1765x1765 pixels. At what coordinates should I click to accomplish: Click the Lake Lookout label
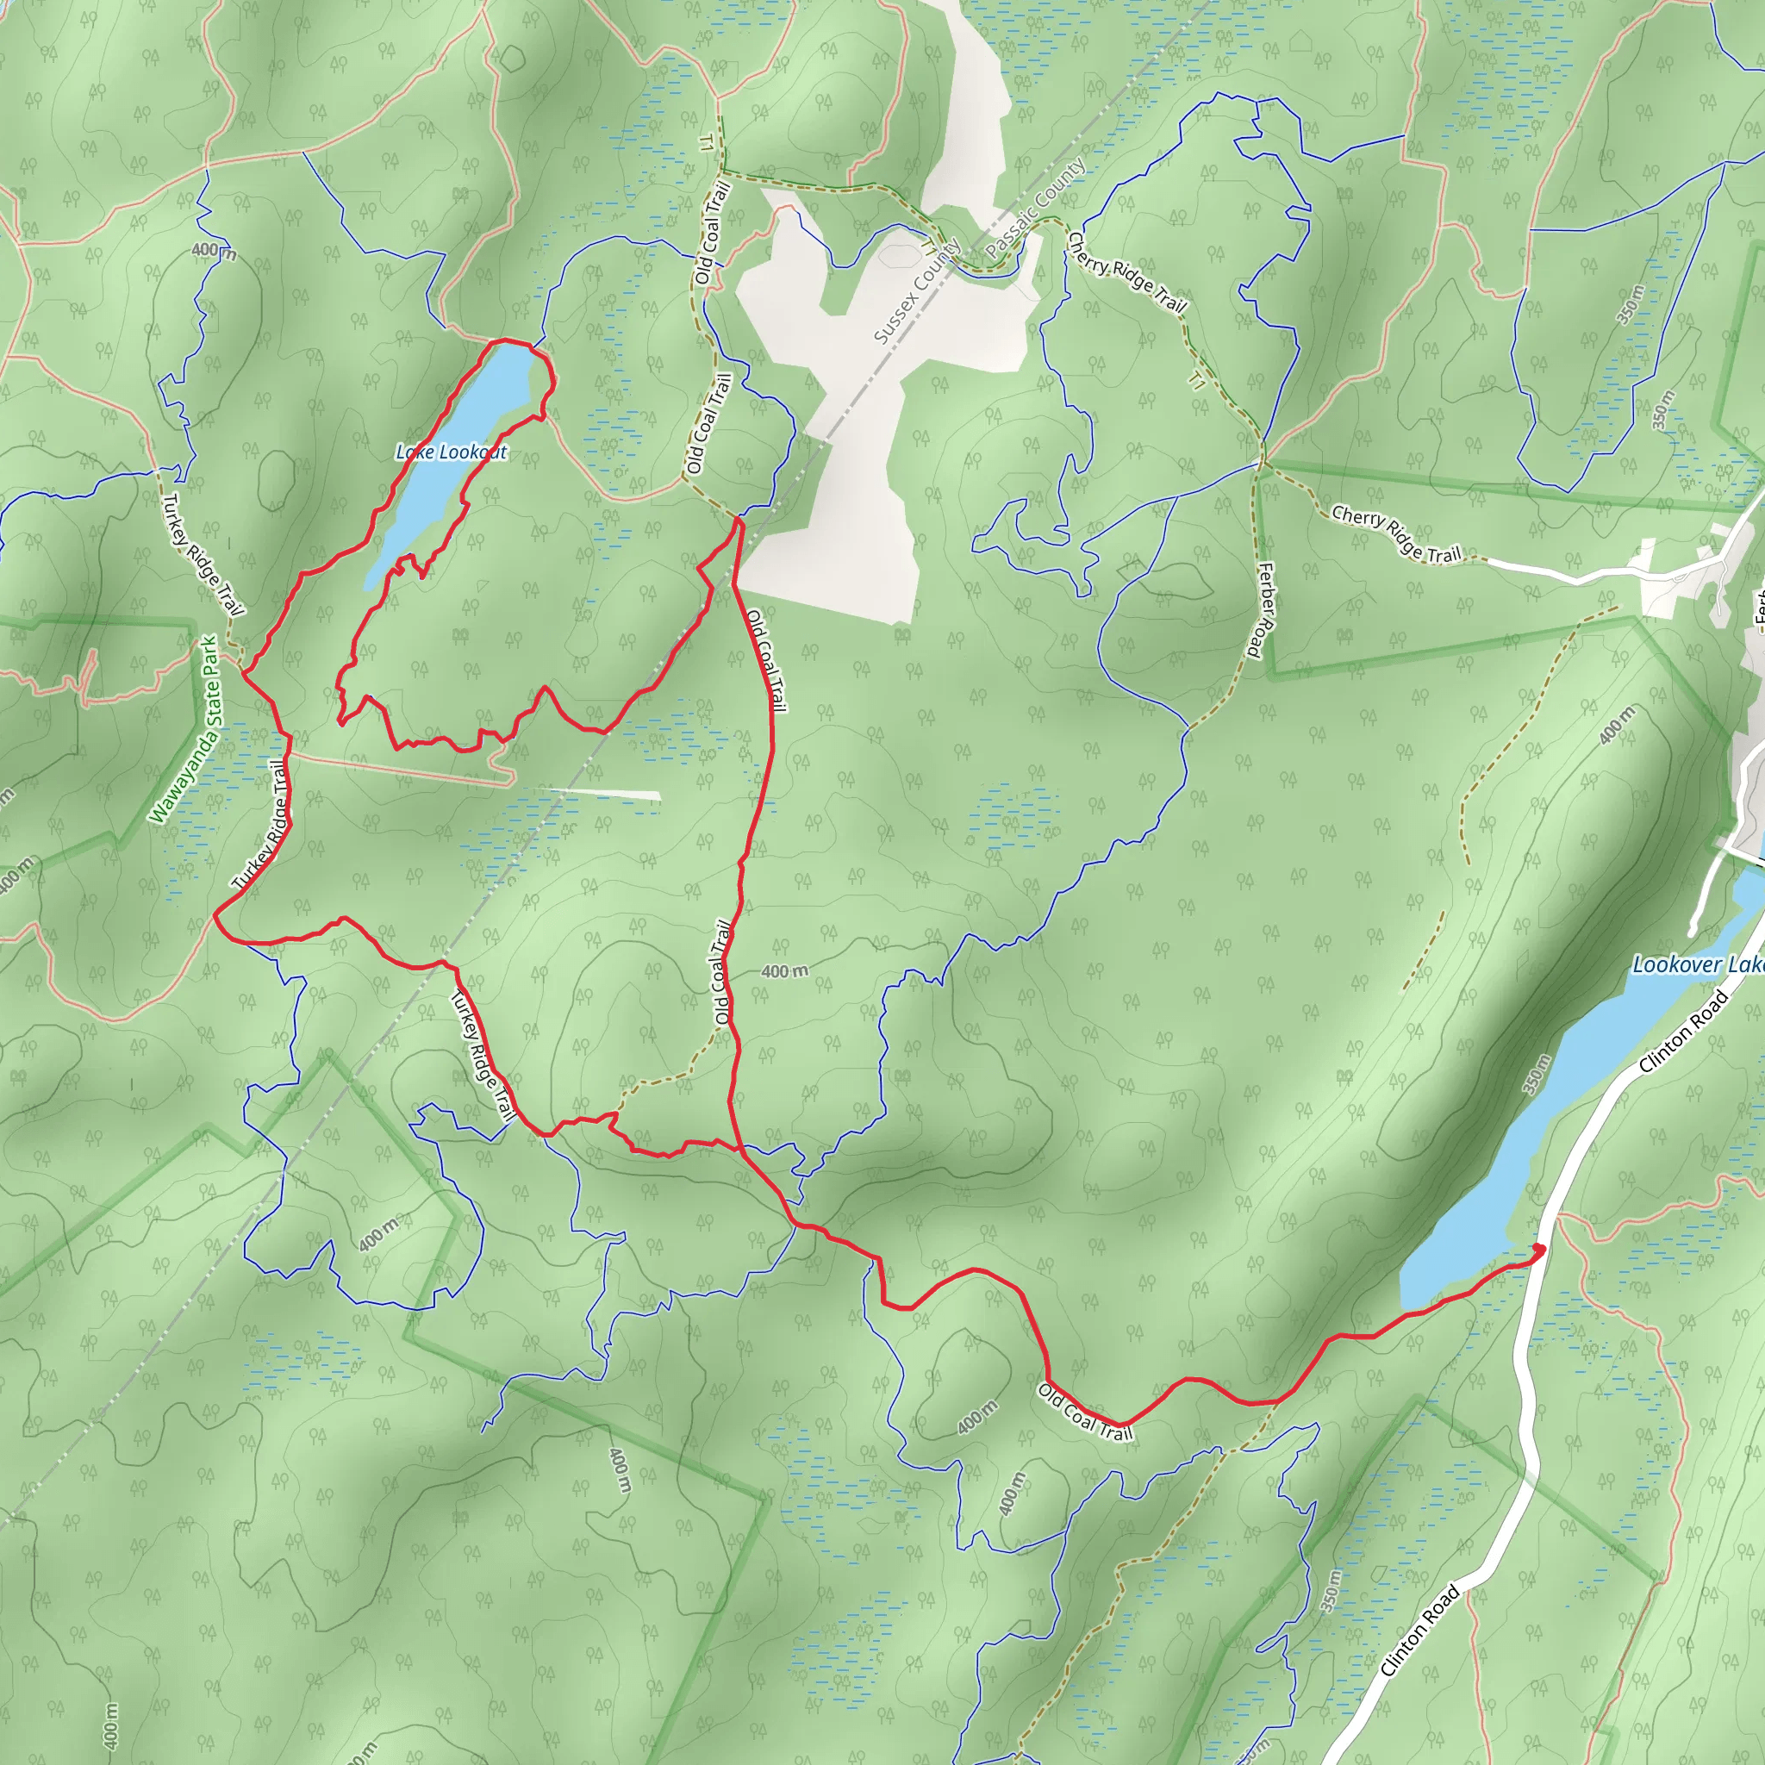[x=451, y=452]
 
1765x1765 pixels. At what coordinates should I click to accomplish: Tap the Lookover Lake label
[x=1698, y=964]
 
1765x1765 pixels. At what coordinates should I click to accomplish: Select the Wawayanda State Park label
[x=185, y=729]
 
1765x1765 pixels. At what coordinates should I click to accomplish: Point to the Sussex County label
[x=916, y=291]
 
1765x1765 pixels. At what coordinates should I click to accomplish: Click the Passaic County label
[x=1036, y=208]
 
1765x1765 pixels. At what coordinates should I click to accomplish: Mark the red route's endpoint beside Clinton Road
[x=1539, y=1249]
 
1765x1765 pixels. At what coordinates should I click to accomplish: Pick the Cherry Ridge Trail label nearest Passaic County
[x=1127, y=273]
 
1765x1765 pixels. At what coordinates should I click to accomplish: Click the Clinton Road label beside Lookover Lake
[x=1683, y=1032]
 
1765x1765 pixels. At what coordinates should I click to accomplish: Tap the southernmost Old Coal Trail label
[x=1085, y=1413]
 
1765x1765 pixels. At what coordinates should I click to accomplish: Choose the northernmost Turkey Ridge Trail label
[x=203, y=554]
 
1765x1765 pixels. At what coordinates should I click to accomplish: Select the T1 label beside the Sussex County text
[x=929, y=247]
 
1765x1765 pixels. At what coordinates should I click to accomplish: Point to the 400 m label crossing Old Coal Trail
[x=784, y=971]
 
